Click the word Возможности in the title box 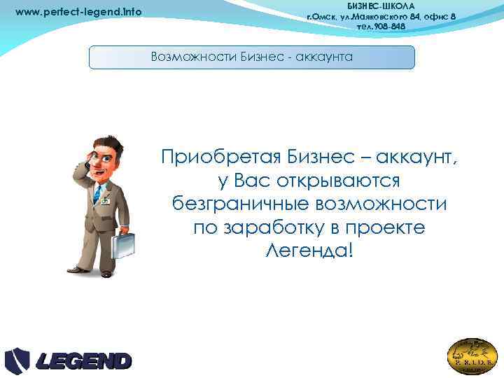coord(188,57)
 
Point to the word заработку coord(273,227)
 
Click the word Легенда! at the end coord(310,251)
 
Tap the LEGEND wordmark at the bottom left coord(84,361)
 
